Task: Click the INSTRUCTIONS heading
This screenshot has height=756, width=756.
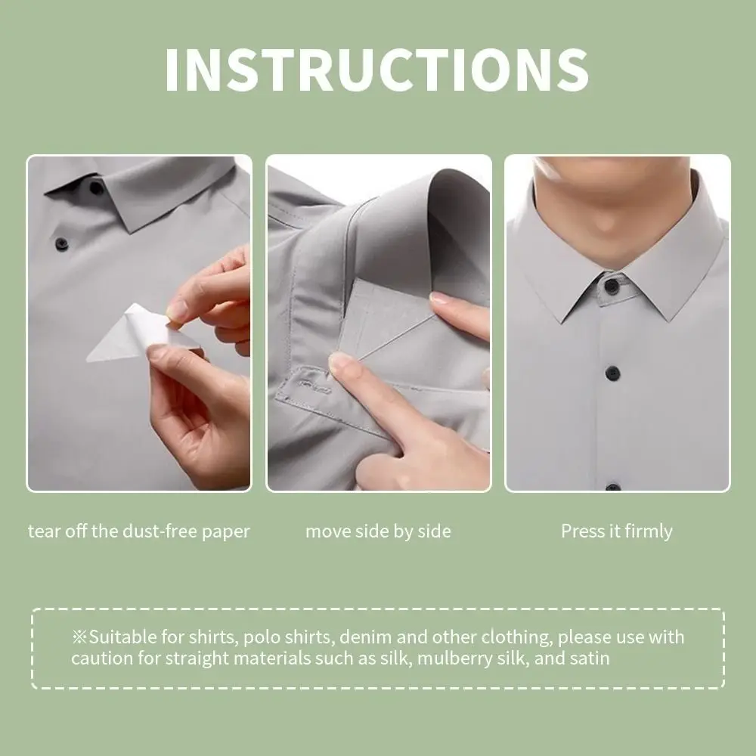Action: pyautogui.click(x=376, y=70)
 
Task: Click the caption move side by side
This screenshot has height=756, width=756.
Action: pyautogui.click(x=378, y=531)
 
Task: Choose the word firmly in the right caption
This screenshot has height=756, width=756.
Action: pyautogui.click(x=649, y=531)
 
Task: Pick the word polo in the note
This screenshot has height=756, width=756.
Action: pyautogui.click(x=240, y=637)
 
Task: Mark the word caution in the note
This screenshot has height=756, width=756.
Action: pyautogui.click(x=98, y=658)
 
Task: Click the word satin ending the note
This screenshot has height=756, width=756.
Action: pyautogui.click(x=590, y=658)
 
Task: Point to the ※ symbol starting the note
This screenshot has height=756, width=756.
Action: pyautogui.click(x=80, y=637)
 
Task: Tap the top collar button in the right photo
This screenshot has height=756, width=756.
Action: pyautogui.click(x=611, y=286)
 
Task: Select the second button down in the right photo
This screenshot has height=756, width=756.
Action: pyautogui.click(x=611, y=372)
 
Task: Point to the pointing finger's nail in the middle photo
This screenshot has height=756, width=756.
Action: pyautogui.click(x=341, y=363)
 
